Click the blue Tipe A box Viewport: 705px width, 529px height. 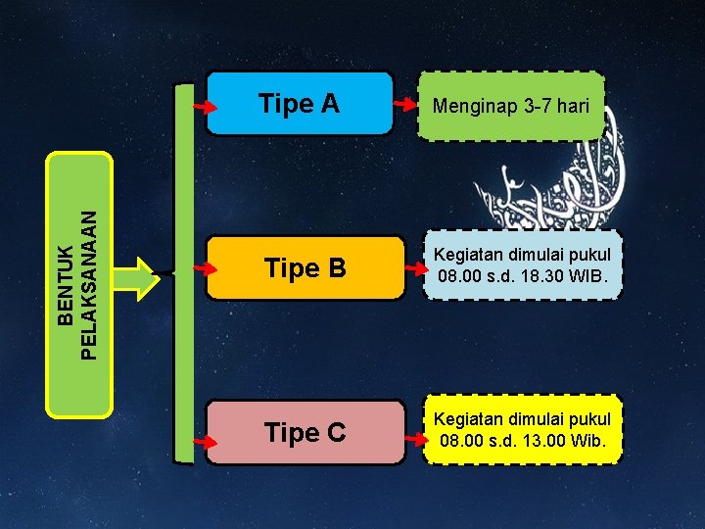coord(300,103)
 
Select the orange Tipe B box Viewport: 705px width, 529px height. coord(306,267)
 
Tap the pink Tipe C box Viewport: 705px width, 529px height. coord(306,432)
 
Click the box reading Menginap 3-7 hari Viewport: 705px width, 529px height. coord(511,105)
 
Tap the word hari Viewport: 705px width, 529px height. coord(573,105)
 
